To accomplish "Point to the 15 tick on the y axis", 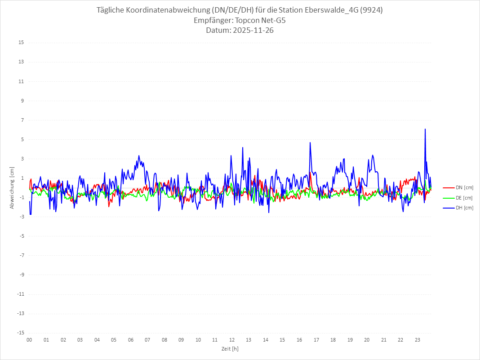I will pyautogui.click(x=21, y=43).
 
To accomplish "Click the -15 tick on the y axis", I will pyautogui.click(x=20, y=333).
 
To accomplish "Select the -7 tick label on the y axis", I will pyautogui.click(x=21, y=255).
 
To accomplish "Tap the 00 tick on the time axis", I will pyautogui.click(x=29, y=340).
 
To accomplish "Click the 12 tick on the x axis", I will pyautogui.click(x=232, y=340).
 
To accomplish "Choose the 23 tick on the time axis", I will pyautogui.click(x=418, y=340).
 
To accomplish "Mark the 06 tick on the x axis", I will pyautogui.click(x=131, y=340).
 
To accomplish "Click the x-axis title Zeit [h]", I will pyautogui.click(x=230, y=348).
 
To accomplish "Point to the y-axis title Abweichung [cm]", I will pyautogui.click(x=12, y=188).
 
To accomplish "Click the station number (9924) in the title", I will pyautogui.click(x=371, y=10).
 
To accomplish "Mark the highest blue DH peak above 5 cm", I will pyautogui.click(x=425, y=129).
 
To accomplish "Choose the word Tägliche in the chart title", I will pyautogui.click(x=111, y=10).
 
